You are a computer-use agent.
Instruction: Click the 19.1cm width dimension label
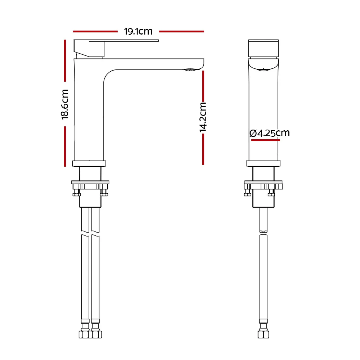138,31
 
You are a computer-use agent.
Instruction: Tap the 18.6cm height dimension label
65,104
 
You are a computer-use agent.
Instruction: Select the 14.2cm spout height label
203,117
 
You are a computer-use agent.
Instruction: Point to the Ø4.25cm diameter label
270,133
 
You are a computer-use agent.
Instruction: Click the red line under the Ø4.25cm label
266,140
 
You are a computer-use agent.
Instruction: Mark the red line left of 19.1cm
95,31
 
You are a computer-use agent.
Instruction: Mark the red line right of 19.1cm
181,31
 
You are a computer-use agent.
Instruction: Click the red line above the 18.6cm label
65,60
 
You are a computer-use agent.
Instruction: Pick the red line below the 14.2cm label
203,149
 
